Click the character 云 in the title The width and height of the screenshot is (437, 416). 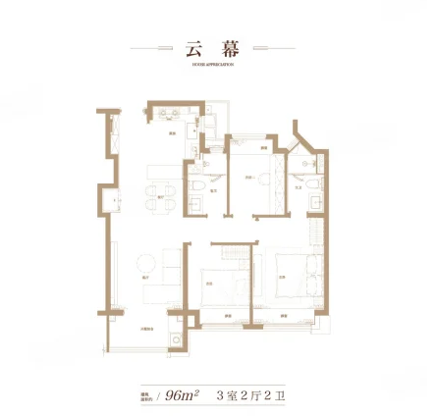193,47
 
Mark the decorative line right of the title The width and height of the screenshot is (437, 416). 269,47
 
